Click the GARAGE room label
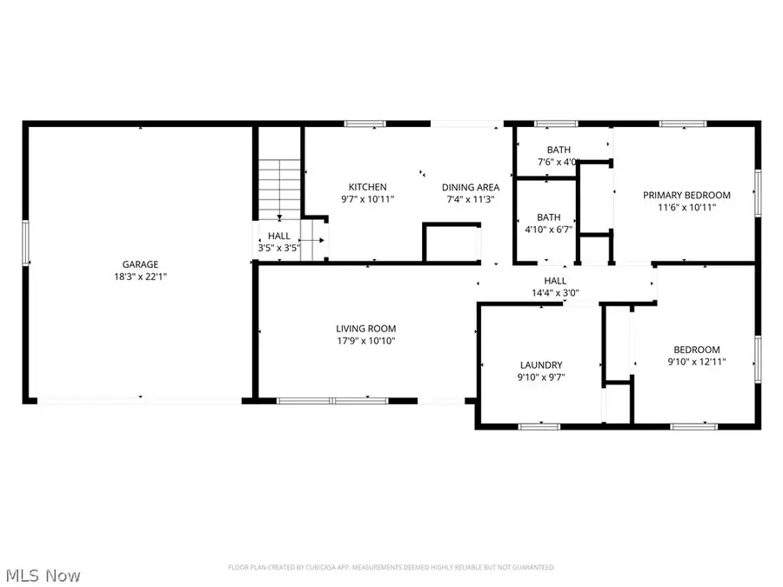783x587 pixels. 139,264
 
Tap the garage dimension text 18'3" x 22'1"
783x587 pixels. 139,277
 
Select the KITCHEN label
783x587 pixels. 367,187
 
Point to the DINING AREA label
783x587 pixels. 470,187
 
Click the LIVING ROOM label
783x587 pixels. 366,329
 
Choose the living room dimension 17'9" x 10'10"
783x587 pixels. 366,341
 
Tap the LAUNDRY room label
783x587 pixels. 541,365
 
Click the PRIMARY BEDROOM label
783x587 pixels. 686,196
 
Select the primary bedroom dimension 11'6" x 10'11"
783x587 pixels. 686,208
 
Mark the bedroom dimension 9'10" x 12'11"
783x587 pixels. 696,361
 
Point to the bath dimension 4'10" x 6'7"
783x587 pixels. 548,230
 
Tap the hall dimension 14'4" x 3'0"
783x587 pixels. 555,293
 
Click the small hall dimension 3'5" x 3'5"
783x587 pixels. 279,248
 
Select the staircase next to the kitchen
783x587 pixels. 278,187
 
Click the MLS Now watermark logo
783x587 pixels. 43,576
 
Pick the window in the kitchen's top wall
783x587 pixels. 359,124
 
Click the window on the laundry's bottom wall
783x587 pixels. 539,426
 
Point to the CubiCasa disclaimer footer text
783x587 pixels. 391,567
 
